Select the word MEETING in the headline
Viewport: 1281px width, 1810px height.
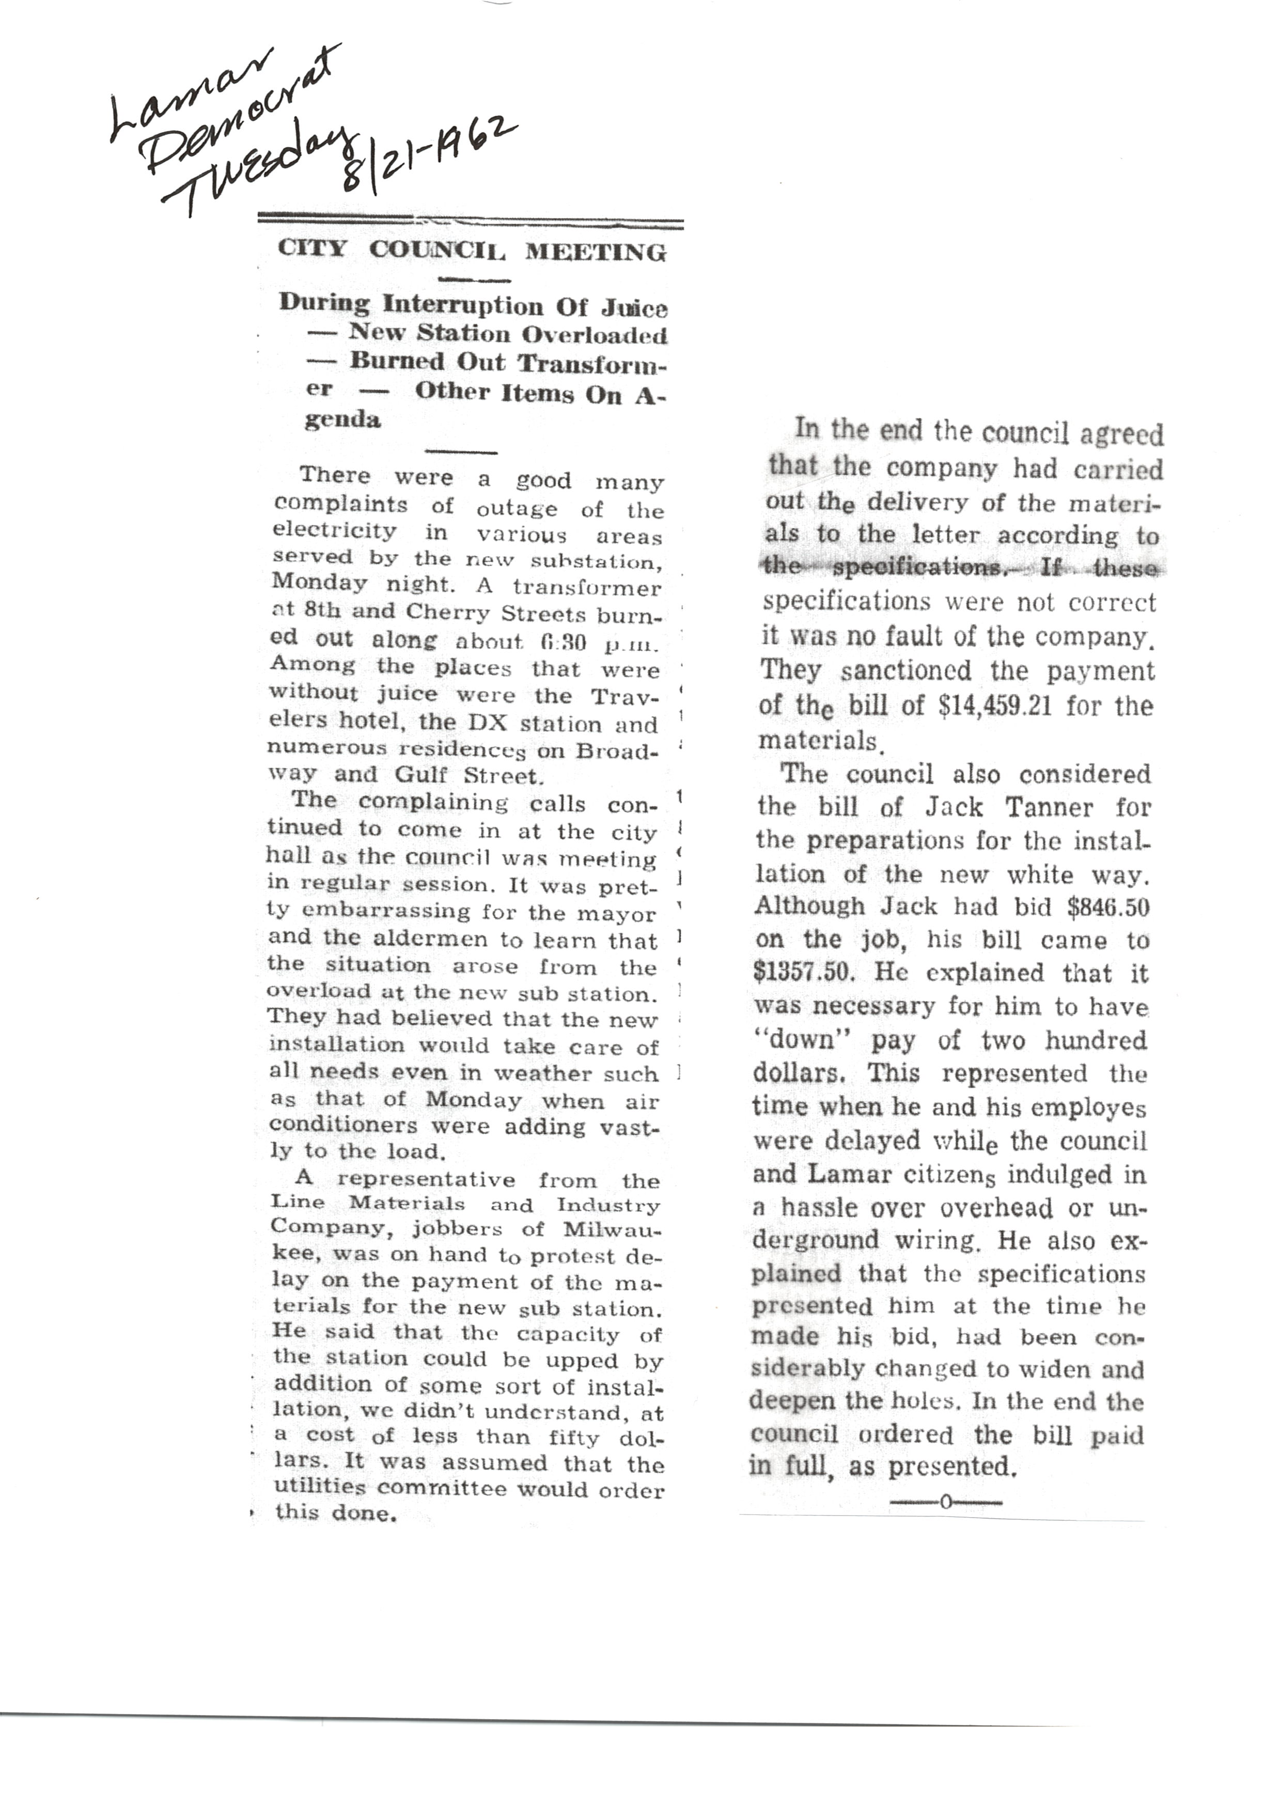pos(596,253)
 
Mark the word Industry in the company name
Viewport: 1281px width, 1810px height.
pos(608,1206)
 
